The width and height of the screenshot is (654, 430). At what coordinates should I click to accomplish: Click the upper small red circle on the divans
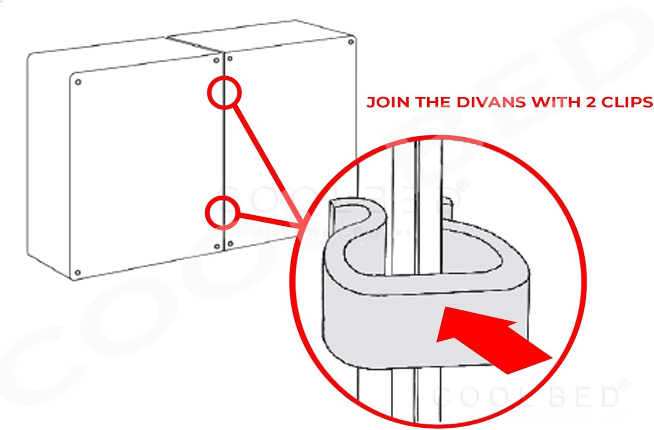(x=224, y=92)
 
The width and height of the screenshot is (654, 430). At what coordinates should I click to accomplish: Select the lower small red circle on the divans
(x=222, y=213)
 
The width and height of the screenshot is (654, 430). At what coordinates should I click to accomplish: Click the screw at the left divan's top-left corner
(x=78, y=82)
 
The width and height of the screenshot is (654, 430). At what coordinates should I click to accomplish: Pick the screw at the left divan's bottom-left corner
(x=78, y=273)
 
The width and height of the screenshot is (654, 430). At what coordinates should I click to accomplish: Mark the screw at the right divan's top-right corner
(x=351, y=42)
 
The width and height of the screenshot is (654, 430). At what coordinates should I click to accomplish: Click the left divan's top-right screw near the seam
(x=216, y=61)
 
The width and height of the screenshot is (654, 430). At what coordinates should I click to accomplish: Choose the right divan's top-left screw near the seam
(x=230, y=58)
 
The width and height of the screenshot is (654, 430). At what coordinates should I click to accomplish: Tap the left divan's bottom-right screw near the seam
(x=217, y=247)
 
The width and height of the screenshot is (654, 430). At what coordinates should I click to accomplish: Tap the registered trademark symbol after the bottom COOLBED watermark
(x=624, y=385)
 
